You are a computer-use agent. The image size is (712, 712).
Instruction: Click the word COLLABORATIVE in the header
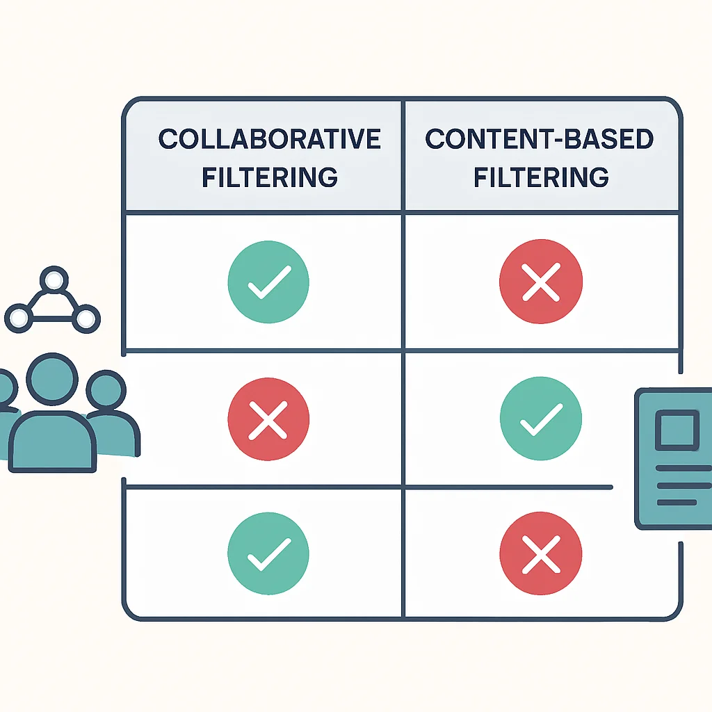tap(269, 139)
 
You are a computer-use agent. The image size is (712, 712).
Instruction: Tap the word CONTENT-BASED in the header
tap(540, 139)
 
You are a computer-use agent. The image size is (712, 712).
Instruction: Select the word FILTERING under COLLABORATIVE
tap(270, 177)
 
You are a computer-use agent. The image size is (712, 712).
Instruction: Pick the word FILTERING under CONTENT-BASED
tap(541, 177)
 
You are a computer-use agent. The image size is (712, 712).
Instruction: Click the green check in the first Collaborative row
tap(268, 282)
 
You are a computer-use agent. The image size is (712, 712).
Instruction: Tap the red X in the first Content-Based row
tap(541, 282)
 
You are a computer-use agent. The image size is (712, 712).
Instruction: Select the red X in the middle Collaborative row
tap(268, 419)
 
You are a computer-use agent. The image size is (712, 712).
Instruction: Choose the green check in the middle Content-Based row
tap(541, 419)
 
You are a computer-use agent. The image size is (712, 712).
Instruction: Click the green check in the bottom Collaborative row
tap(268, 553)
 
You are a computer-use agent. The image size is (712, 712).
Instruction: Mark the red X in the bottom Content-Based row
tap(541, 553)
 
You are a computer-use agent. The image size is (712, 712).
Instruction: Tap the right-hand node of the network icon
tap(86, 318)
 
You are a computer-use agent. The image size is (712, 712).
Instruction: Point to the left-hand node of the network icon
tap(19, 318)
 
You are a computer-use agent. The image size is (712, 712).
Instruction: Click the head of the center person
tap(52, 379)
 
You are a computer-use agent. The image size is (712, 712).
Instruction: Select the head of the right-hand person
tap(106, 389)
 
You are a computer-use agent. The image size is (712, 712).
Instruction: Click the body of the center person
tap(53, 442)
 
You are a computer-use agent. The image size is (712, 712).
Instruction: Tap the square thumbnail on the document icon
tap(677, 430)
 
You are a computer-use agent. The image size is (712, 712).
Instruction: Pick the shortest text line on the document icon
tap(677, 502)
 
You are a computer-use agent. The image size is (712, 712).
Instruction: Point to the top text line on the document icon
tap(684, 468)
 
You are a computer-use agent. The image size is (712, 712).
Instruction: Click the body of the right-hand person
tap(117, 434)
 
